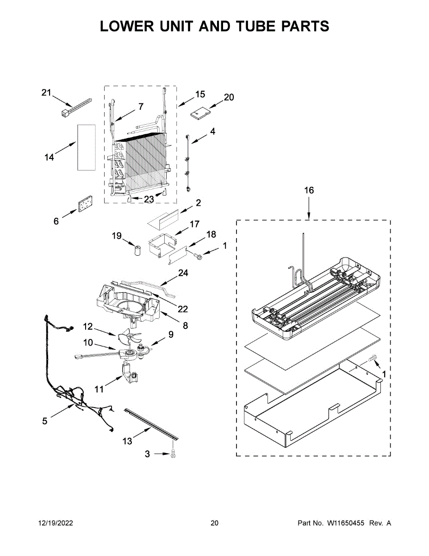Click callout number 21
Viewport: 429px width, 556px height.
click(x=46, y=93)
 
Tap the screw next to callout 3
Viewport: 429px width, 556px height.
click(x=173, y=455)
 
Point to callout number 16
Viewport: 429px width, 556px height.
click(x=309, y=190)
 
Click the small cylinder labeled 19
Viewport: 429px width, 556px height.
click(x=137, y=251)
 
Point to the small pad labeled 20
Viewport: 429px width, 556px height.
click(x=200, y=113)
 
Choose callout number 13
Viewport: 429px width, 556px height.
click(x=128, y=441)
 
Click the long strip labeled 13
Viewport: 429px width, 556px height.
click(x=151, y=423)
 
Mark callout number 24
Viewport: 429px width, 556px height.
click(x=183, y=273)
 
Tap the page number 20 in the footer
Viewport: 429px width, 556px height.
click(x=214, y=523)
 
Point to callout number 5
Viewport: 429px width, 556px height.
click(x=45, y=421)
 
